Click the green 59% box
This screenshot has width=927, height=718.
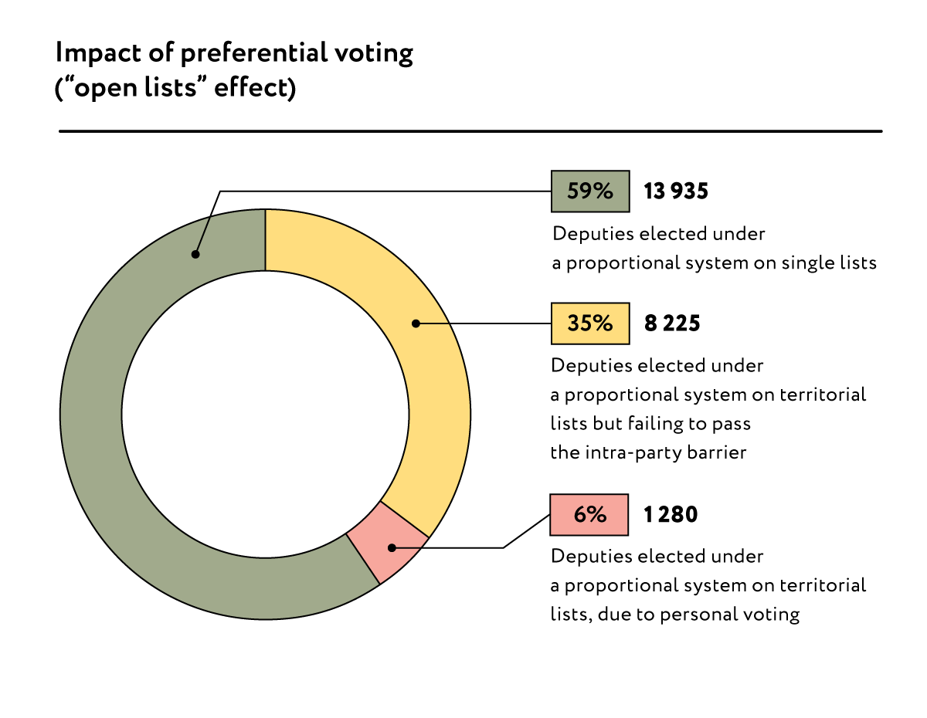(589, 191)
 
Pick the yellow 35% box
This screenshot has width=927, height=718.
(589, 323)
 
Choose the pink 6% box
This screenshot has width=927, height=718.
(589, 514)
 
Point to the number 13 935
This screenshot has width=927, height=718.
(676, 191)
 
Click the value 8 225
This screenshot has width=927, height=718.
(672, 323)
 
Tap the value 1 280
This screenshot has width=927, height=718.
(671, 514)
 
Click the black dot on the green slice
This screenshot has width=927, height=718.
(196, 254)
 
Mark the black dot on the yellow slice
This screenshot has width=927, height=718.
(415, 323)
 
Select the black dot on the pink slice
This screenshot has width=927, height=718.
(392, 548)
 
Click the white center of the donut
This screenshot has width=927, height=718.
(265, 414)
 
